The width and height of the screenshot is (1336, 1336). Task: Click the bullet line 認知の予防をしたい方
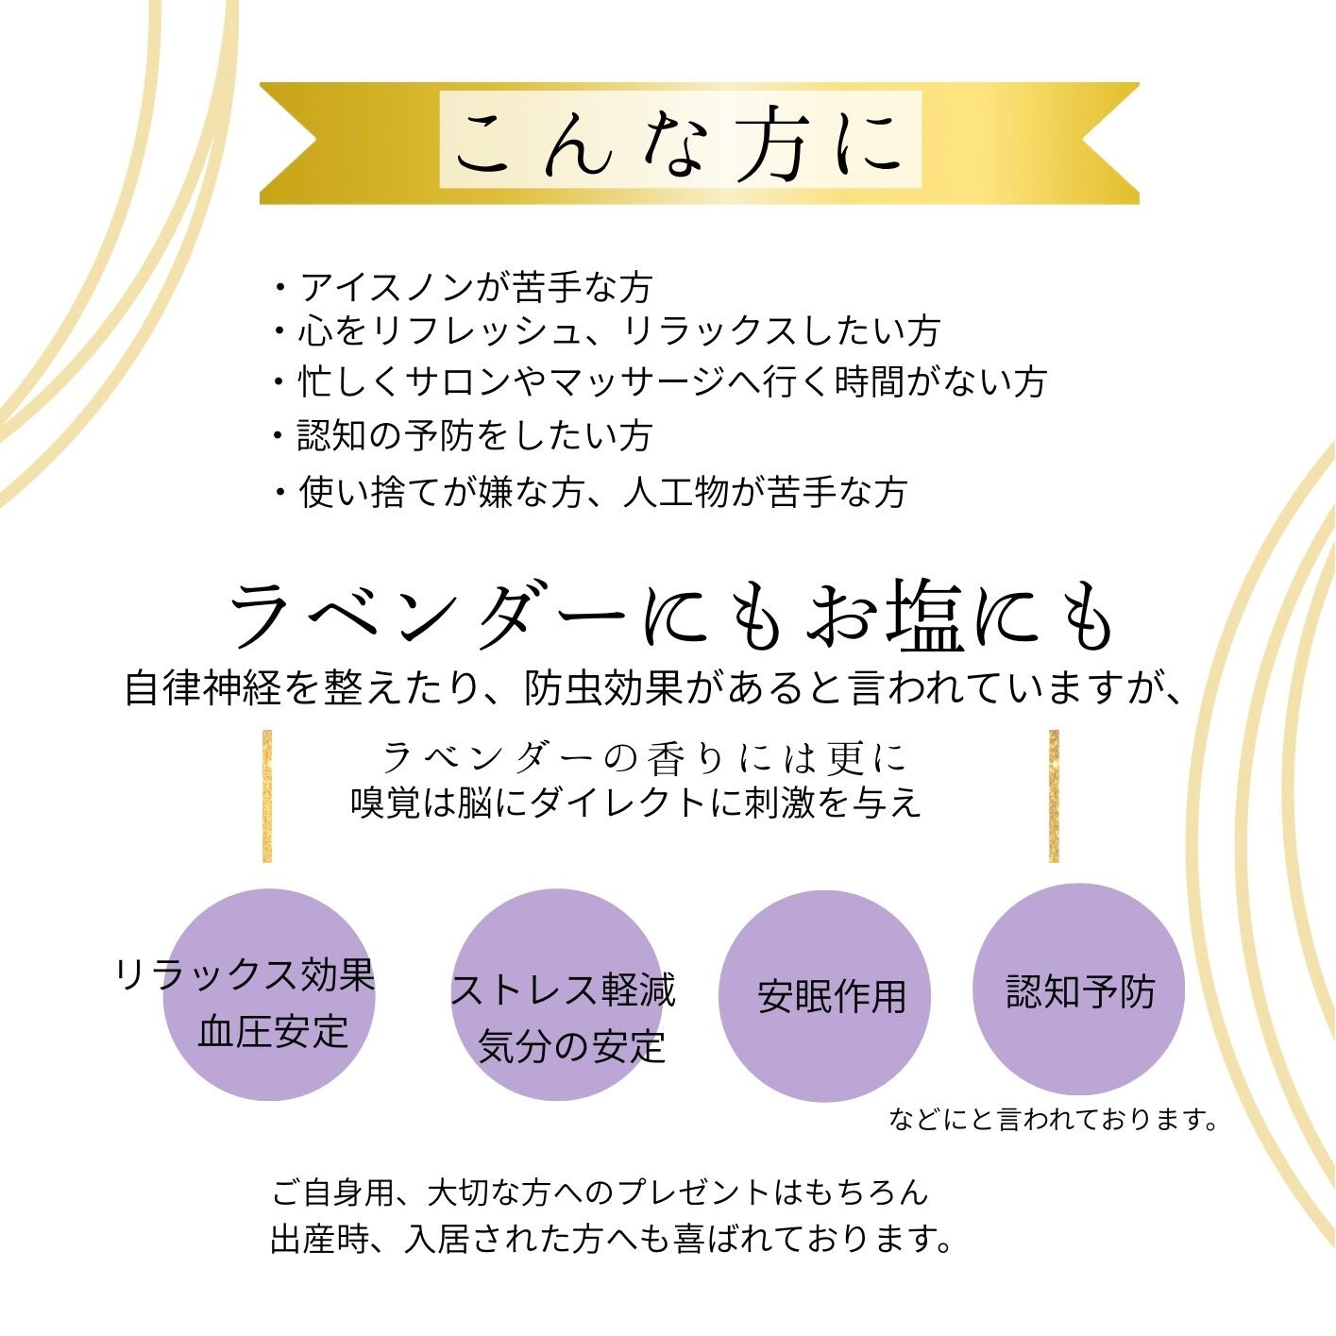(x=475, y=435)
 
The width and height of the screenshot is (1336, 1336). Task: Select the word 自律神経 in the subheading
(x=203, y=687)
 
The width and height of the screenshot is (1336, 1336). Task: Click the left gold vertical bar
(x=267, y=795)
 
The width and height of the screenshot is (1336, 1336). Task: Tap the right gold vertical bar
(x=1054, y=795)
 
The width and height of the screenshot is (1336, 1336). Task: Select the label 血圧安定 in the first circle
(x=273, y=1031)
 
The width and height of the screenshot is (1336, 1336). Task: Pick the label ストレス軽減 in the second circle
(x=564, y=989)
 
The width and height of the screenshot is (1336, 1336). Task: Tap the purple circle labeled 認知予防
(x=1078, y=990)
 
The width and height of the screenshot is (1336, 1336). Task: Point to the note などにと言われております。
(x=1053, y=1120)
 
